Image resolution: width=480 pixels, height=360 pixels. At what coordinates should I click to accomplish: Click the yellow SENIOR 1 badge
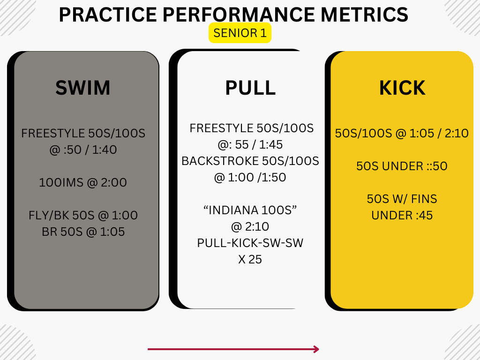240,33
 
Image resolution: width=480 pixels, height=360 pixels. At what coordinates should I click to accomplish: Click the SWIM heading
82,88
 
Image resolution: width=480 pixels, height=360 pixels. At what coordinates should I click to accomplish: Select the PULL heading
250,88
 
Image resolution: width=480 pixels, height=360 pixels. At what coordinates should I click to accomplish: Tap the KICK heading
402,88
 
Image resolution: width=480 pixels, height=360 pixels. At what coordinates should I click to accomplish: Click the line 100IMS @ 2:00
83,182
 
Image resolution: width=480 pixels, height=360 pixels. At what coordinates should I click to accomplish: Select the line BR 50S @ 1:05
83,232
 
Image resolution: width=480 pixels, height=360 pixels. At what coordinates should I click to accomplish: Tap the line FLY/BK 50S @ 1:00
83,215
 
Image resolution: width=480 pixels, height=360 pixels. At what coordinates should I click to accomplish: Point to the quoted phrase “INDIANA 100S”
250,210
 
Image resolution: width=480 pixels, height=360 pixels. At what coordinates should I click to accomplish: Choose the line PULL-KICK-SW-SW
250,243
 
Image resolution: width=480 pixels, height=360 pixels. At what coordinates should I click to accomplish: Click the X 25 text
250,260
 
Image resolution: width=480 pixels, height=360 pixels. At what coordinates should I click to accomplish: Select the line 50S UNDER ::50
402,166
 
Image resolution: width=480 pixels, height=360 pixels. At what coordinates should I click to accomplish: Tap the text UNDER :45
402,216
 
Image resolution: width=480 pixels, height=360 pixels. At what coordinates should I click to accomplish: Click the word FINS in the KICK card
424,199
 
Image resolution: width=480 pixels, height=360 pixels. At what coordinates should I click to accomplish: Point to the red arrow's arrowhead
316,349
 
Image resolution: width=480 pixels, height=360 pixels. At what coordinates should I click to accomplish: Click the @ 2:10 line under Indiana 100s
250,227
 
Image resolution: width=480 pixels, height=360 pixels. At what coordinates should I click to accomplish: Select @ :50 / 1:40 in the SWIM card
83,150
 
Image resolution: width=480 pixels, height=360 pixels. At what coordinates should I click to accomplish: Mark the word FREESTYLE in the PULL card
221,128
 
